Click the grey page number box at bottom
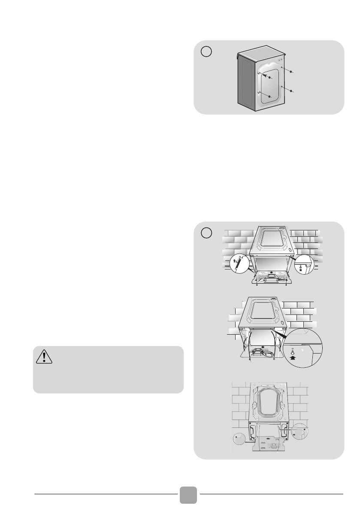point(188,495)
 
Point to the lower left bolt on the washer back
point(269,97)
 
